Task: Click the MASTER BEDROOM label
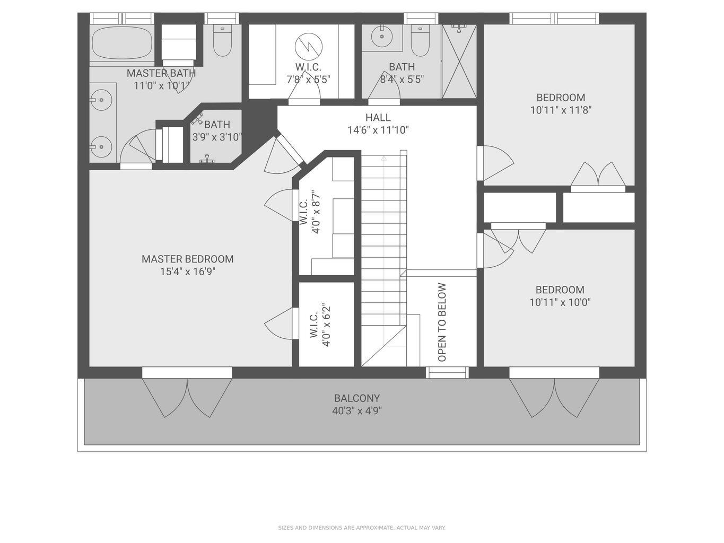(187, 259)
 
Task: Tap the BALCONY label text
(356, 398)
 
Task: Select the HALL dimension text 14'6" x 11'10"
(378, 130)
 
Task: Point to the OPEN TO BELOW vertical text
(442, 322)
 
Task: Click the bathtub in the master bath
(122, 43)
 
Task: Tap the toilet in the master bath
(222, 41)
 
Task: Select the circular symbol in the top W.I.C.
(308, 46)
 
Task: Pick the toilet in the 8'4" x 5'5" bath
(420, 41)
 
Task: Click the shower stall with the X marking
(459, 62)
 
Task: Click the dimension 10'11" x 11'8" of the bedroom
(561, 110)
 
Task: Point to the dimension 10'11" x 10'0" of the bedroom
(560, 302)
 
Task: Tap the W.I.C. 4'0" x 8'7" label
(310, 212)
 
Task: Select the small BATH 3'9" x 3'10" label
(216, 130)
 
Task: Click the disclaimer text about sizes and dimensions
(362, 528)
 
